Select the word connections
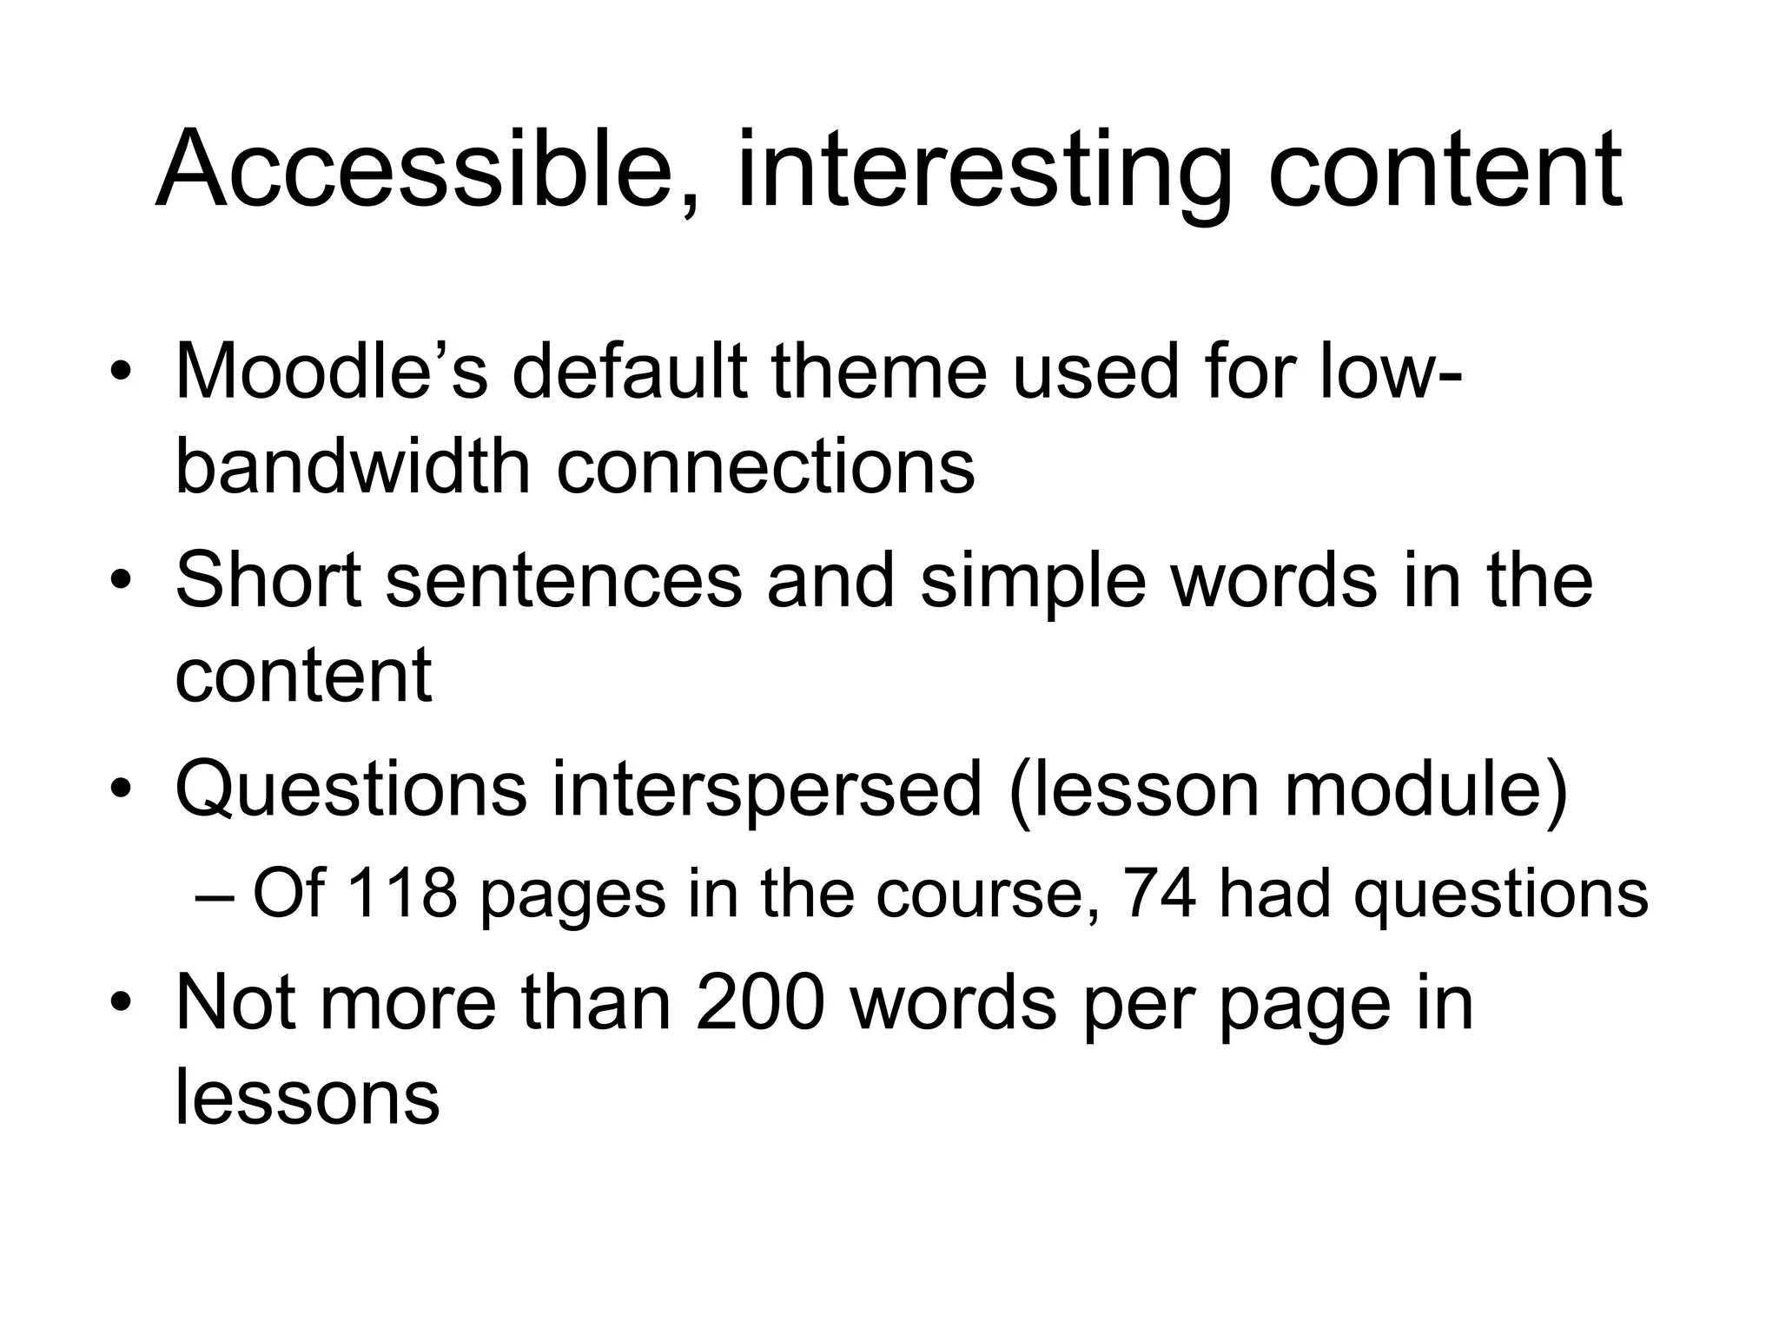point(765,467)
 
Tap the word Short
point(268,580)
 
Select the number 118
point(400,894)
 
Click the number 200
point(759,1004)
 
